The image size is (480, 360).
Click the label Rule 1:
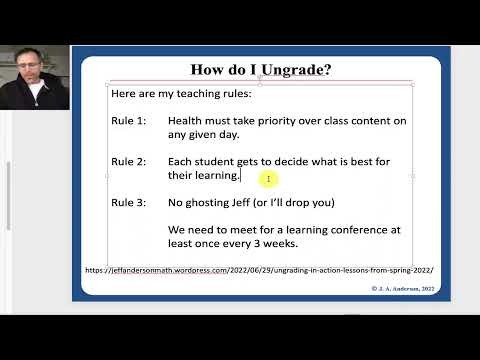click(128, 121)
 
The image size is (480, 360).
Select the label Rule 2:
click(128, 161)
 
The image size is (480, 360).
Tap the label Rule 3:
click(128, 202)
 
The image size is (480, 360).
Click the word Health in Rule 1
click(188, 121)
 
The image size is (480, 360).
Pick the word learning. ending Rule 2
click(217, 175)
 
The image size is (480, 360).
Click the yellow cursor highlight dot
click(267, 179)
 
